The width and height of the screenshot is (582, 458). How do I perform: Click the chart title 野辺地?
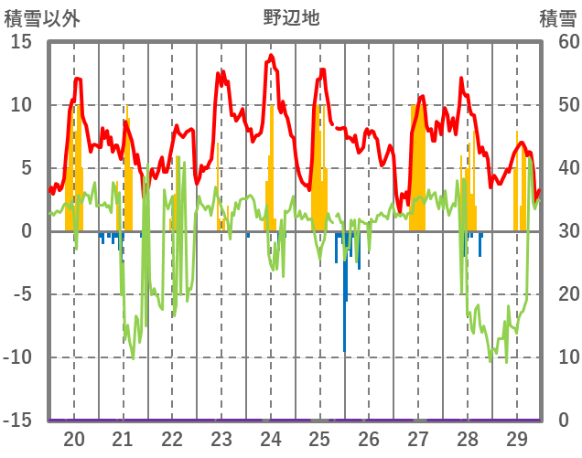point(291,16)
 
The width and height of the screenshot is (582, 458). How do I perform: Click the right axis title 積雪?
point(556,16)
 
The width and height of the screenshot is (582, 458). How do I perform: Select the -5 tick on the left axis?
point(20,294)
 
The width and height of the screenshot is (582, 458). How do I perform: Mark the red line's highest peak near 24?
point(271,57)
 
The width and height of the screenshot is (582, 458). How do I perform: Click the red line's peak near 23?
point(219,72)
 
